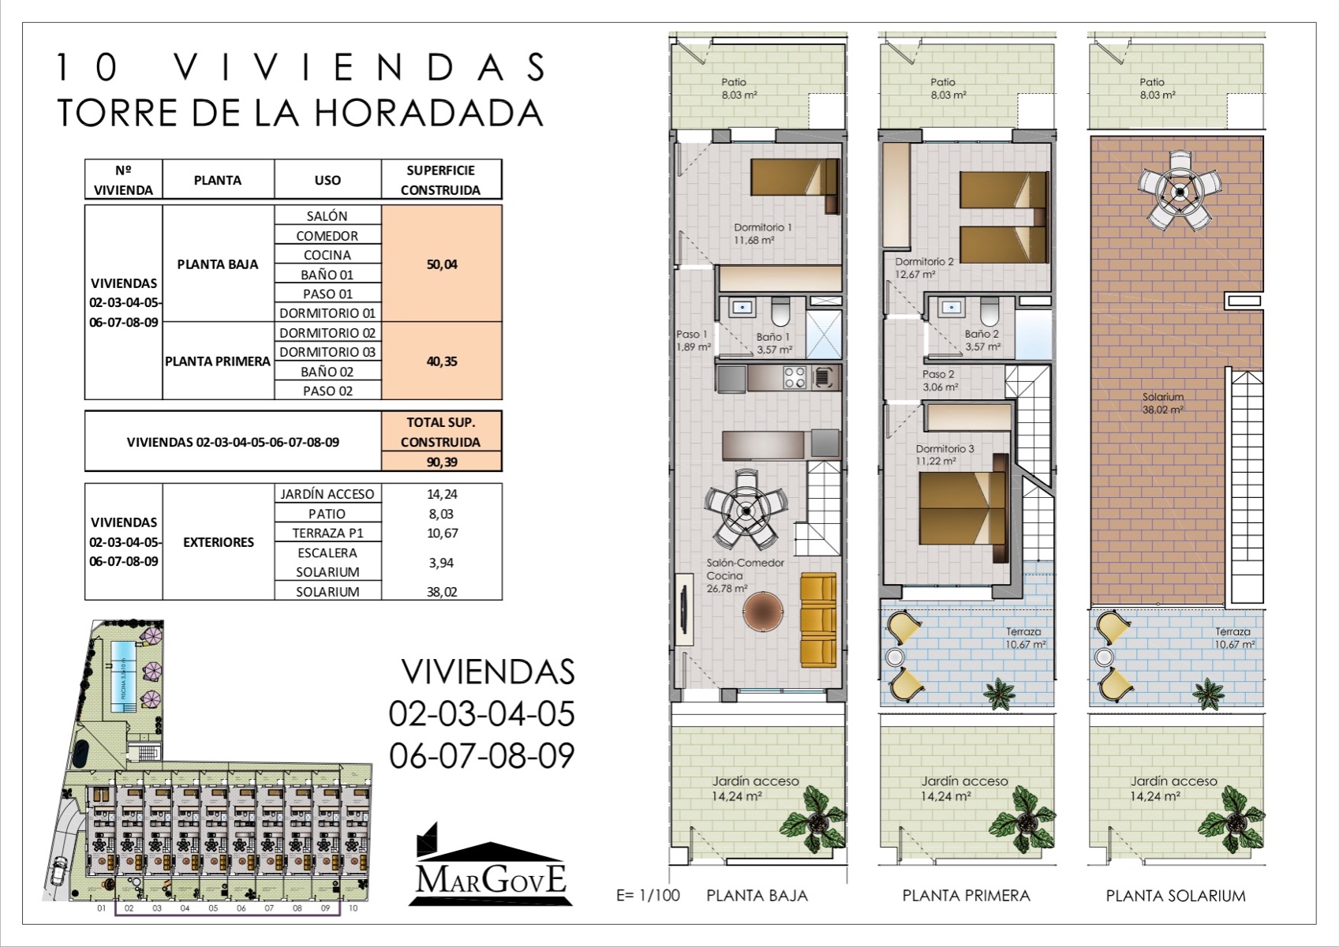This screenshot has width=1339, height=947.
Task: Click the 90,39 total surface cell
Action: tap(441, 462)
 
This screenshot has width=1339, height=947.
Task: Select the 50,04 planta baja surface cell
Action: tap(441, 264)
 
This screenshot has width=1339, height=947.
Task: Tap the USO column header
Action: tap(327, 180)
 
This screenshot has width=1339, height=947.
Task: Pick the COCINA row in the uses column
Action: tap(327, 255)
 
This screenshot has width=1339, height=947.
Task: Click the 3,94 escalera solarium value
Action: tap(441, 563)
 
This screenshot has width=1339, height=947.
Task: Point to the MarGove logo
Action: tap(491, 868)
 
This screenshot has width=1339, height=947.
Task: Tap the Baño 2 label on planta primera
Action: tap(982, 340)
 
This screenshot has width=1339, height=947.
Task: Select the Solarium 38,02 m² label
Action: tap(1162, 403)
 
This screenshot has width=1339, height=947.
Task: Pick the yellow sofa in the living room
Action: tap(817, 620)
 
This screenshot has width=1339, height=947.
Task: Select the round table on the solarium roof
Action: tap(1179, 191)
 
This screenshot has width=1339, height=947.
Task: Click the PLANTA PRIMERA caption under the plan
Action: tap(966, 896)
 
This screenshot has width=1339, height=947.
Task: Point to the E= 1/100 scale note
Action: tap(648, 896)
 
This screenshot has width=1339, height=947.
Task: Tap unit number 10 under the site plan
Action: tap(353, 908)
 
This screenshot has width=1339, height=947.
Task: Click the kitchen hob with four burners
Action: tap(794, 377)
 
